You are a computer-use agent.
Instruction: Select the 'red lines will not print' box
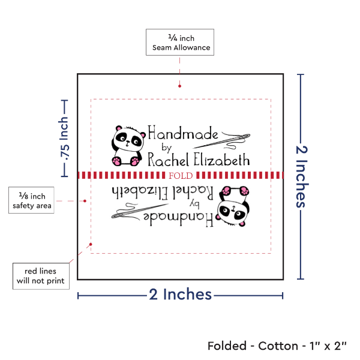(x=41, y=275)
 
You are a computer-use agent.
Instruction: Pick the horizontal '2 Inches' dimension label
(x=181, y=294)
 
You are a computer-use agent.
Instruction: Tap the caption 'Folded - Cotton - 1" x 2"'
(x=277, y=346)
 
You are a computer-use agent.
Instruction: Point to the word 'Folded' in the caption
(x=227, y=346)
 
